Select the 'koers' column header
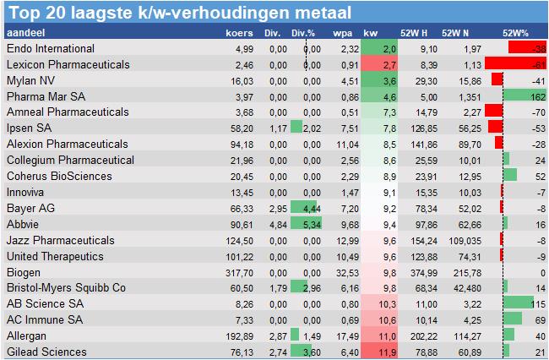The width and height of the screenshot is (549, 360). tap(239, 33)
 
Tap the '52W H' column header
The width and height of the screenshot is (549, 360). tap(414, 33)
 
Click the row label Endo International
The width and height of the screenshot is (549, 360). tap(50, 49)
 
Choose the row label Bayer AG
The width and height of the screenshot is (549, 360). tap(31, 209)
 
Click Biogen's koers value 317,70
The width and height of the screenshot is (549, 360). tap(237, 273)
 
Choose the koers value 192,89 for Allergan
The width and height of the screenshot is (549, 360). tap(237, 335)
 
